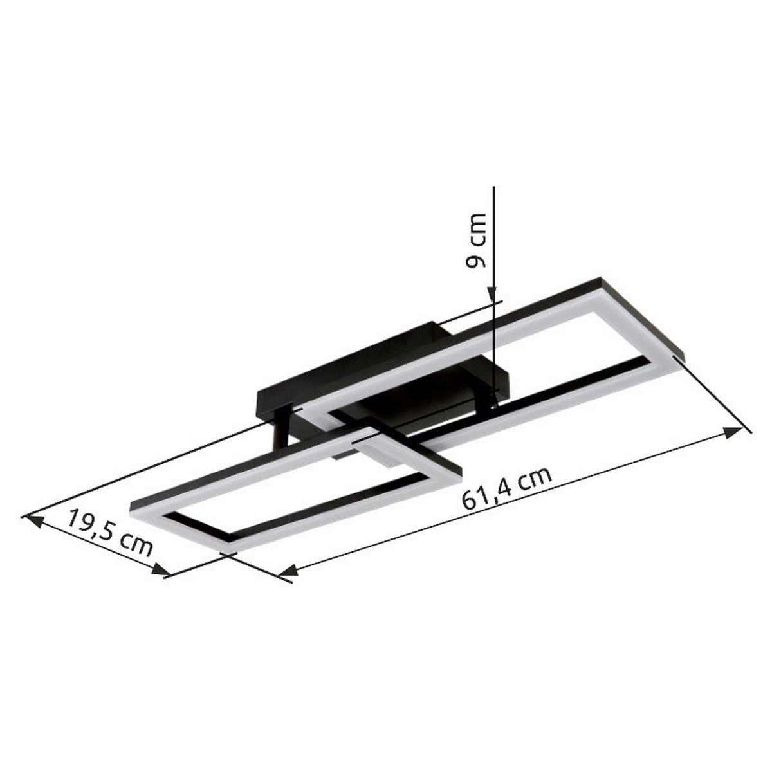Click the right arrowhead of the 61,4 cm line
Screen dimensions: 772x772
point(733,433)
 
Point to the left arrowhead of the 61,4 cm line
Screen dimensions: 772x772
point(288,570)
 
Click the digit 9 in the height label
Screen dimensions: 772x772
point(477,260)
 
